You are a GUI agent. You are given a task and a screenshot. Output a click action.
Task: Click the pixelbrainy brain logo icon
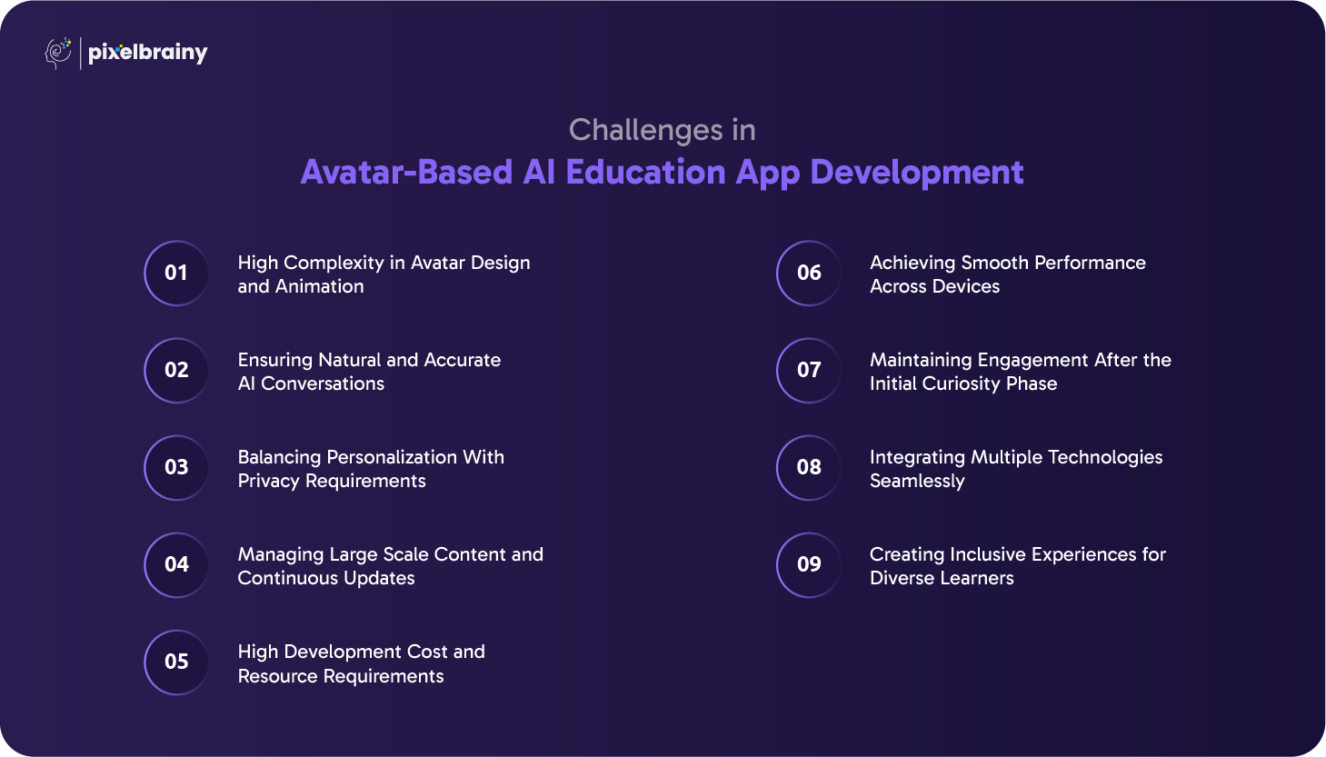[58, 53]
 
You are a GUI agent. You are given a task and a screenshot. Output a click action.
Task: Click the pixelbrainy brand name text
[148, 54]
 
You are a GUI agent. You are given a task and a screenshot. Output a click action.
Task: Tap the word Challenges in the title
[646, 131]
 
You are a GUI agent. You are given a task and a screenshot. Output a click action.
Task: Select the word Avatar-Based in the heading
[406, 173]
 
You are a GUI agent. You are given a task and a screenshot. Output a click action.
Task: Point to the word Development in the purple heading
[917, 174]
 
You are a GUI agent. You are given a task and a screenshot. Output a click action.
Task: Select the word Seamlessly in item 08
[917, 482]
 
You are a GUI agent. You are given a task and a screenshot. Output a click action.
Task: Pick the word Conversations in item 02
[323, 384]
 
